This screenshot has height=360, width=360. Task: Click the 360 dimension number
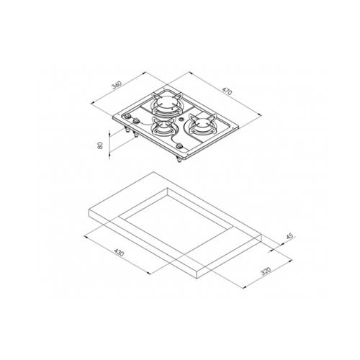(117, 85)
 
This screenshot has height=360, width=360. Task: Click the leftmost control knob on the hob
(128, 118)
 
